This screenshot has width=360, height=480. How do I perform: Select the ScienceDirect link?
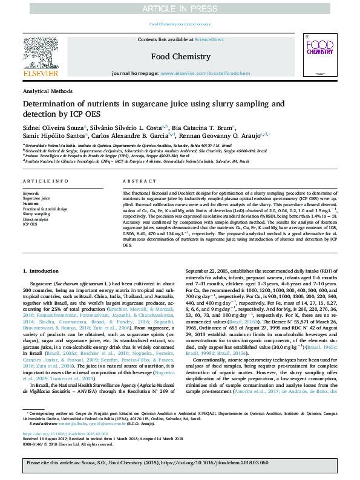(x=209, y=39)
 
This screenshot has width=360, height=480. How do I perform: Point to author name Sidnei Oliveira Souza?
(x=54, y=128)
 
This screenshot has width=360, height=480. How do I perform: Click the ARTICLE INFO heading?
(x=42, y=181)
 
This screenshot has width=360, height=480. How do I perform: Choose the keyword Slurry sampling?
(x=36, y=213)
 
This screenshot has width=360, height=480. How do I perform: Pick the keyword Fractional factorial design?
(x=45, y=208)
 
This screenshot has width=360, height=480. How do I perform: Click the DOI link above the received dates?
(x=57, y=433)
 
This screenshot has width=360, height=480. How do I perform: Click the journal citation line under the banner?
(x=180, y=24)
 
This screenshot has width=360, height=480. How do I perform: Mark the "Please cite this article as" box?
(x=180, y=462)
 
